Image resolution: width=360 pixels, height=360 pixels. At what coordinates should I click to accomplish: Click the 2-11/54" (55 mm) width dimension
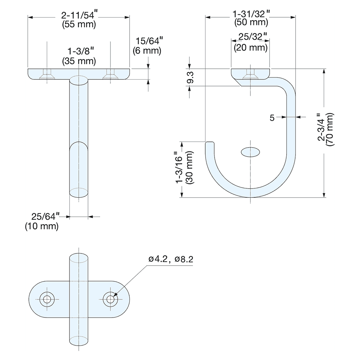coord(79,20)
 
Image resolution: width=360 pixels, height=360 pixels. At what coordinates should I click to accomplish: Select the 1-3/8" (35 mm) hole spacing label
coord(79,56)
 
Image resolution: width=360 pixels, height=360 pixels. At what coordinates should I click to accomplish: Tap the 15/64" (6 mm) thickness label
coord(147,46)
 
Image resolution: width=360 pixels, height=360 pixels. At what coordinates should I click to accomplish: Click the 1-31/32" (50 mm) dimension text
coord(251,18)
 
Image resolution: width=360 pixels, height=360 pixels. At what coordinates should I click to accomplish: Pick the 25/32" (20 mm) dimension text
coord(251,42)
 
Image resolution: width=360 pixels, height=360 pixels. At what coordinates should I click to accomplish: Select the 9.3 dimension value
coord(190,78)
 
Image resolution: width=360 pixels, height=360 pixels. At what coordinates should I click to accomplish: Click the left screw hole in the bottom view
coord(46,299)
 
